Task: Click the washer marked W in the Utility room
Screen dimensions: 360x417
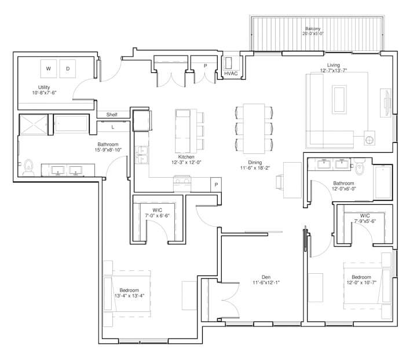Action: [49, 69]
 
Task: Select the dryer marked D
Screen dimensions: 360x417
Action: [67, 69]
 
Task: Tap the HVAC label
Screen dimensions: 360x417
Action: [231, 74]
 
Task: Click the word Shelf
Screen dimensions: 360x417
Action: [112, 115]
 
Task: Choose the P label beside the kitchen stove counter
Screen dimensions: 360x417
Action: [215, 185]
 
